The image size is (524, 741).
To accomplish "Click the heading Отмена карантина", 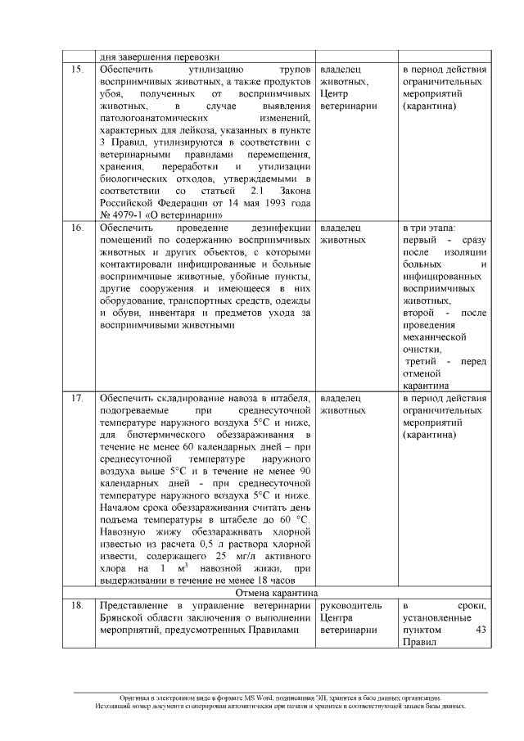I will point(276,592).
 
